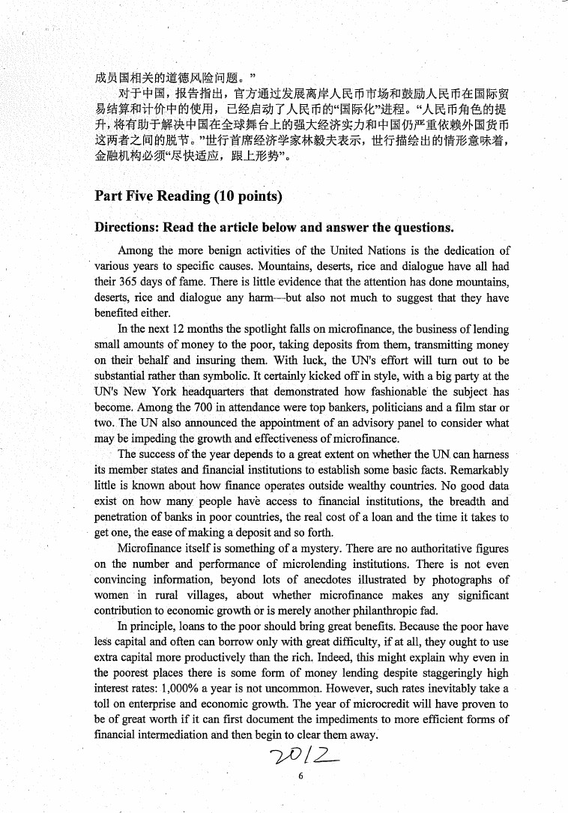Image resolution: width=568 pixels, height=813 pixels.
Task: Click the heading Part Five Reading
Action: tap(188, 196)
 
